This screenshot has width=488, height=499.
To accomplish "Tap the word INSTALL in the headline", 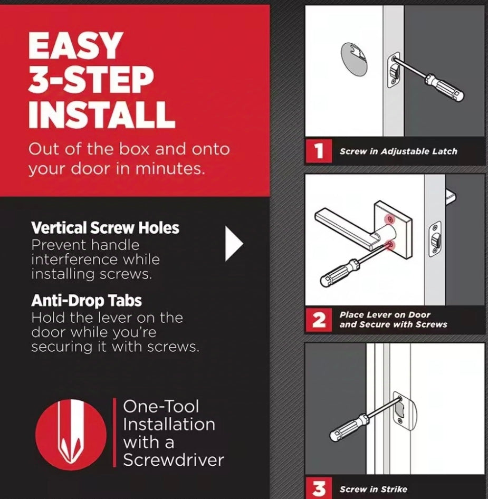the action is (x=101, y=114).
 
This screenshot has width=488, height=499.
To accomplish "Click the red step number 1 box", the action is (x=319, y=151).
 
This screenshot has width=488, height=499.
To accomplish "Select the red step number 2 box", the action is (x=319, y=320).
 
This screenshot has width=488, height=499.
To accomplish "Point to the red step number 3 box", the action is (x=319, y=487).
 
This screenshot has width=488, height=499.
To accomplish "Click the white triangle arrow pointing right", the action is (x=234, y=244).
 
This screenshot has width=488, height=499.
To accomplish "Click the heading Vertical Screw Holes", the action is (x=106, y=228).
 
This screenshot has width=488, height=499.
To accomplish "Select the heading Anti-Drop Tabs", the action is (x=87, y=301).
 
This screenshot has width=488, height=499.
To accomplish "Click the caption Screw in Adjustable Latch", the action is (x=398, y=151).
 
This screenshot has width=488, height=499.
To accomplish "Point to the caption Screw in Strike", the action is (x=374, y=489).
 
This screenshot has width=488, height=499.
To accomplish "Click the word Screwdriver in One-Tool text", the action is (x=174, y=460).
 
